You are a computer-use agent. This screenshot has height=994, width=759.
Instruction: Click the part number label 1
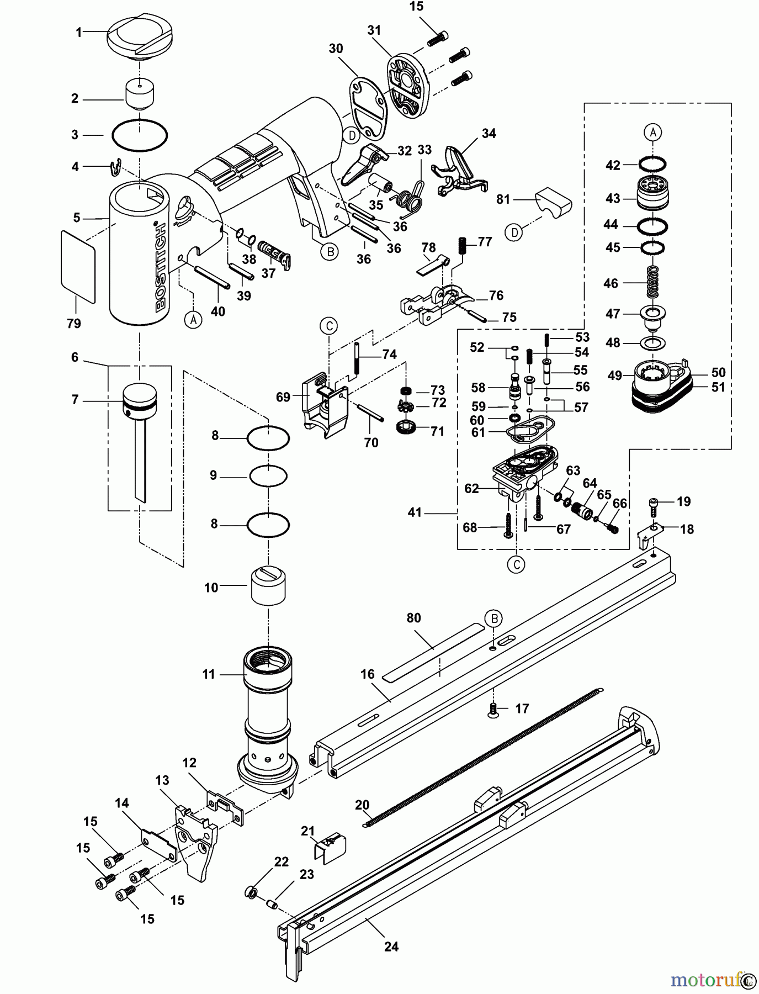pyautogui.click(x=78, y=33)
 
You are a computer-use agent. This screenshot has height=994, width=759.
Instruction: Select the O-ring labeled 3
pyautogui.click(x=140, y=135)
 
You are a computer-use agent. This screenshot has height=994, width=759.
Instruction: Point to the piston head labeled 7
pyautogui.click(x=140, y=395)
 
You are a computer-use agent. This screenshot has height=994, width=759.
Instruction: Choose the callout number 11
pyautogui.click(x=208, y=674)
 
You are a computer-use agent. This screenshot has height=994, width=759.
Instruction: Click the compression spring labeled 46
pyautogui.click(x=653, y=283)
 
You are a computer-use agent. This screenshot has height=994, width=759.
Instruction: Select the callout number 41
pyautogui.click(x=415, y=512)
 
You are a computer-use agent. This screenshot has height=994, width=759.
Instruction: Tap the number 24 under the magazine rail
pyautogui.click(x=391, y=947)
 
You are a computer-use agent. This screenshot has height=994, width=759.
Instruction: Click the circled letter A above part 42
pyautogui.click(x=652, y=133)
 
